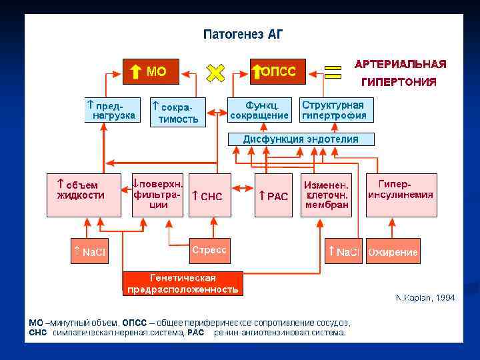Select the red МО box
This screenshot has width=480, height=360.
(151, 71)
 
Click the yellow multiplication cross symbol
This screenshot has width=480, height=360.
(215, 72)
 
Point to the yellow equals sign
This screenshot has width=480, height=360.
(332, 71)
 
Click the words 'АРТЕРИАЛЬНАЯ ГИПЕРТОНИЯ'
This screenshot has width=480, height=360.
(400, 73)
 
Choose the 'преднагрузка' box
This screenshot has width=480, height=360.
(113, 110)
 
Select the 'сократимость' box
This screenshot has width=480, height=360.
(177, 113)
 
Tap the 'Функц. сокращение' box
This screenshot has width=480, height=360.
(259, 110)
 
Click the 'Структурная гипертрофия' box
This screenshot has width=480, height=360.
(333, 110)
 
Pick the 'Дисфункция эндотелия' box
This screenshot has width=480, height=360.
(301, 139)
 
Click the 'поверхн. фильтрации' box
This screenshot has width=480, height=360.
(159, 195)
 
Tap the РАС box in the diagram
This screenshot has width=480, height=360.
(273, 195)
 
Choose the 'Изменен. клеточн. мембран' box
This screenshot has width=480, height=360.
(327, 195)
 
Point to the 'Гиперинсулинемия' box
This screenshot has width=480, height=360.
(401, 195)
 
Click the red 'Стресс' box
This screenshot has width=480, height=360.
(210, 251)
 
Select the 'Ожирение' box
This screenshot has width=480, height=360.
(393, 251)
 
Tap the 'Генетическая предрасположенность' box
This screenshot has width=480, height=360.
(183, 283)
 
